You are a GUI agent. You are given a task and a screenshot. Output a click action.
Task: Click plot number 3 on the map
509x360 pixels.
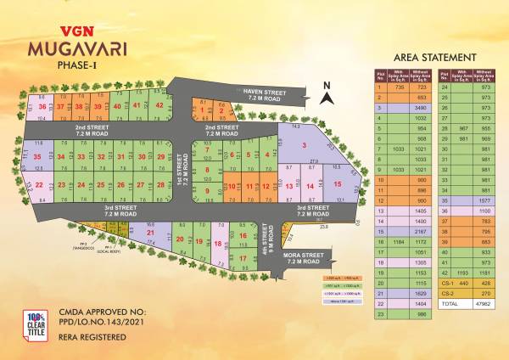click(304, 146)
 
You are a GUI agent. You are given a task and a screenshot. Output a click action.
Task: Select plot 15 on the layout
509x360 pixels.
click(337, 184)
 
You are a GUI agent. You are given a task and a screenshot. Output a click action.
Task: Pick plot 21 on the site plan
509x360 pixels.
click(150, 232)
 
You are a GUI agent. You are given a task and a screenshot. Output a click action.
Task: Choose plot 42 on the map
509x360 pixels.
click(159, 105)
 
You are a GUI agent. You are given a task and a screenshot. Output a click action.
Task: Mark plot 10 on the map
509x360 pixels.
click(229, 186)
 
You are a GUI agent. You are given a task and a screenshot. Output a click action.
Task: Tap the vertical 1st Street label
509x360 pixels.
click(182, 175)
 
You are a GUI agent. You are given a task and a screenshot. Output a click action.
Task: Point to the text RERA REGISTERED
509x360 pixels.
click(92, 337)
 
